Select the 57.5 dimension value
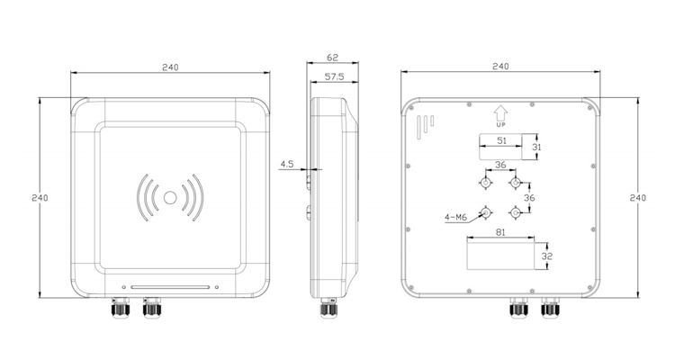tap(332, 77)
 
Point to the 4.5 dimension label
tap(287, 165)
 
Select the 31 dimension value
tap(536, 147)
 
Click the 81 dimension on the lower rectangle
tap(501, 233)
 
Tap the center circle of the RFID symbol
tap(169, 197)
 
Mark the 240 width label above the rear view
tap(501, 67)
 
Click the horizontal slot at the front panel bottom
tap(171, 289)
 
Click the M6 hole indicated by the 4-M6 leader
tap(486, 212)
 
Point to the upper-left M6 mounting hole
tap(485, 184)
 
